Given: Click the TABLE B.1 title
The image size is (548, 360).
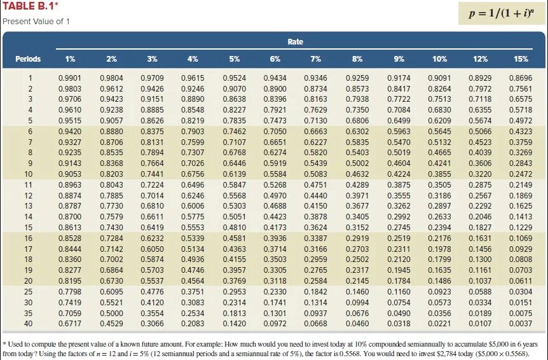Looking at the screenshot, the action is click(31, 6).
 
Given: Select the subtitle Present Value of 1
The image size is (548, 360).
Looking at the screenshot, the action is click(36, 22).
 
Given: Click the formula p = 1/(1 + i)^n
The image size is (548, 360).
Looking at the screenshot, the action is click(502, 13).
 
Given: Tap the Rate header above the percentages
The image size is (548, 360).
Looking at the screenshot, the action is click(295, 41).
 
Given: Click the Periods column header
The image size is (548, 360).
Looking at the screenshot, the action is click(28, 59).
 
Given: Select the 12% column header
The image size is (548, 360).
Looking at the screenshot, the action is click(480, 59).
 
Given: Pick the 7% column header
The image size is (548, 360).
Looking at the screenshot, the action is click(315, 59).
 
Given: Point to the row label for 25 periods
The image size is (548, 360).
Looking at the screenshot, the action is click(29, 291).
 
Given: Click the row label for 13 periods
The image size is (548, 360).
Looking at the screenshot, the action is click(29, 206).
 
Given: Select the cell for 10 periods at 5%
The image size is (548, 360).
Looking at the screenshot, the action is click(234, 174).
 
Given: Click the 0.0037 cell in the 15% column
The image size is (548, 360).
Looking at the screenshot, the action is click(521, 324).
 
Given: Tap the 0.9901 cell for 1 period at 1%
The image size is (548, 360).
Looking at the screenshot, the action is click(70, 78).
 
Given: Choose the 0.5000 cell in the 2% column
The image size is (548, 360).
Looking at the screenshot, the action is click(111, 313).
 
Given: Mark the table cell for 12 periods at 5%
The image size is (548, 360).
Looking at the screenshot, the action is click(234, 196).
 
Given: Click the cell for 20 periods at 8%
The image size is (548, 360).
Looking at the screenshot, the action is click(357, 280).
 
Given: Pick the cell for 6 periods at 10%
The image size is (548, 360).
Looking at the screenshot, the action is click(440, 132).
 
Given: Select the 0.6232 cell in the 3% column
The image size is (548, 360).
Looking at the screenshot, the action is click(152, 238).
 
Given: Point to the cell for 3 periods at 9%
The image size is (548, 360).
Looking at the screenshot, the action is click(399, 99).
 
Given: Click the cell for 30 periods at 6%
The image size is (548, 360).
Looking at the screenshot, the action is click(275, 302).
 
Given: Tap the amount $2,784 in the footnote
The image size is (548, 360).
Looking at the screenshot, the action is click(427, 354).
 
